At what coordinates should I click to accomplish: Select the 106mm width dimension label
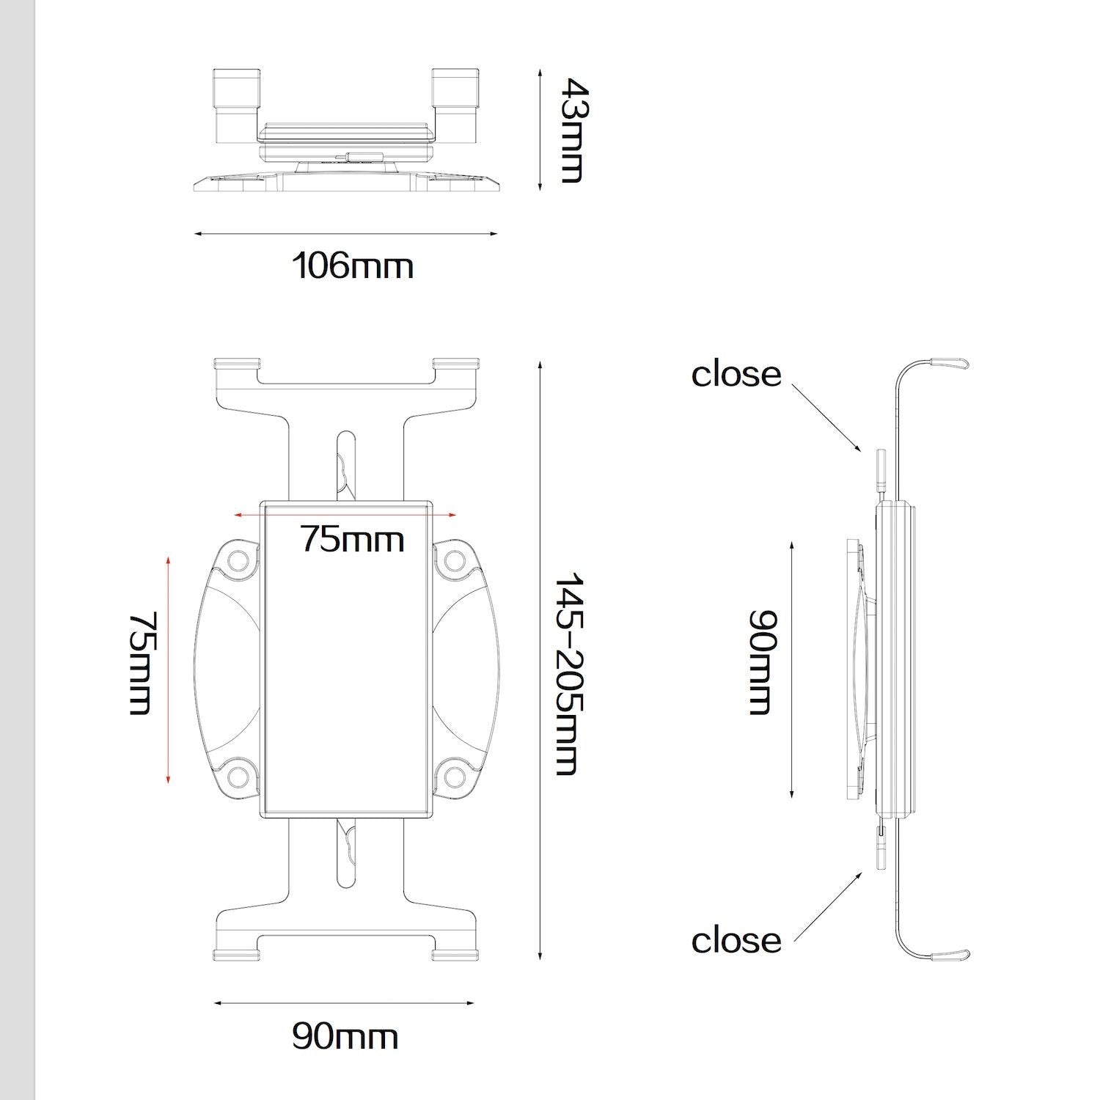353,265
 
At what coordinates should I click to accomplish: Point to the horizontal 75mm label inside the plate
352,539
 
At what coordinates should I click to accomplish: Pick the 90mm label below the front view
345,1036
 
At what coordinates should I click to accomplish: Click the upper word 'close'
736,374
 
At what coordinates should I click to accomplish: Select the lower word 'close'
736,940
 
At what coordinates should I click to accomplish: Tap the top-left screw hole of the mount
238,561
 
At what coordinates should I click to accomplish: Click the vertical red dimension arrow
169,670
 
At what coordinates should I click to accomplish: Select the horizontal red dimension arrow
345,515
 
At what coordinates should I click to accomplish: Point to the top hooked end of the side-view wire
950,363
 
